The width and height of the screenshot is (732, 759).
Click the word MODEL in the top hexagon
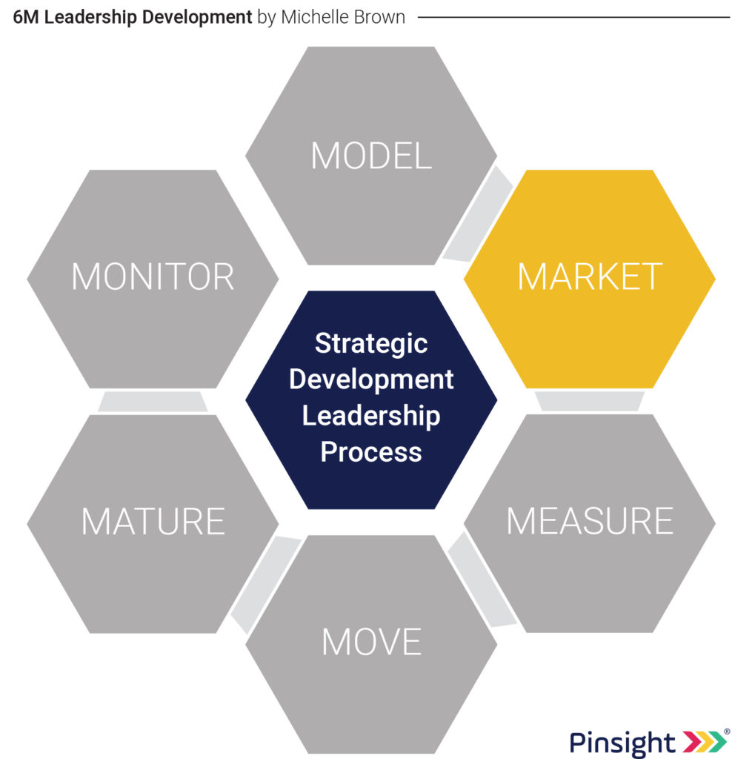pyautogui.click(x=371, y=156)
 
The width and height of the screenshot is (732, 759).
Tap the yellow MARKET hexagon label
pyautogui.click(x=590, y=276)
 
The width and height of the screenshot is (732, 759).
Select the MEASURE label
pyautogui.click(x=590, y=521)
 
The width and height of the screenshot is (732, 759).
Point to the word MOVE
pyautogui.click(x=372, y=642)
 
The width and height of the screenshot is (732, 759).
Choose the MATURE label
pyautogui.click(x=153, y=521)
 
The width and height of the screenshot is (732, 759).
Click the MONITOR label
pyautogui.click(x=153, y=276)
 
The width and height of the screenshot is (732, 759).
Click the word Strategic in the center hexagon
pyautogui.click(x=371, y=345)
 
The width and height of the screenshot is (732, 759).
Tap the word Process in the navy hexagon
pyautogui.click(x=371, y=451)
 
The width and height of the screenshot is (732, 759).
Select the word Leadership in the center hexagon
pyautogui.click(x=371, y=416)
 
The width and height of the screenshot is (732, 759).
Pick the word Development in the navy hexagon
pyautogui.click(x=371, y=379)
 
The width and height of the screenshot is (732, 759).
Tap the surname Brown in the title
pyautogui.click(x=380, y=17)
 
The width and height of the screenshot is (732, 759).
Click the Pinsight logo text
pyautogui.click(x=622, y=742)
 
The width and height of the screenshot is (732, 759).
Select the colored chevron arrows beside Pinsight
pyautogui.click(x=705, y=740)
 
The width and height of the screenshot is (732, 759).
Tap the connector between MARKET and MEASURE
pyautogui.click(x=589, y=401)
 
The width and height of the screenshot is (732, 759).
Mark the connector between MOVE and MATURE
pyautogui.click(x=266, y=584)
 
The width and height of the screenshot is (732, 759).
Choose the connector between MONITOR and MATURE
pyautogui.click(x=153, y=402)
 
